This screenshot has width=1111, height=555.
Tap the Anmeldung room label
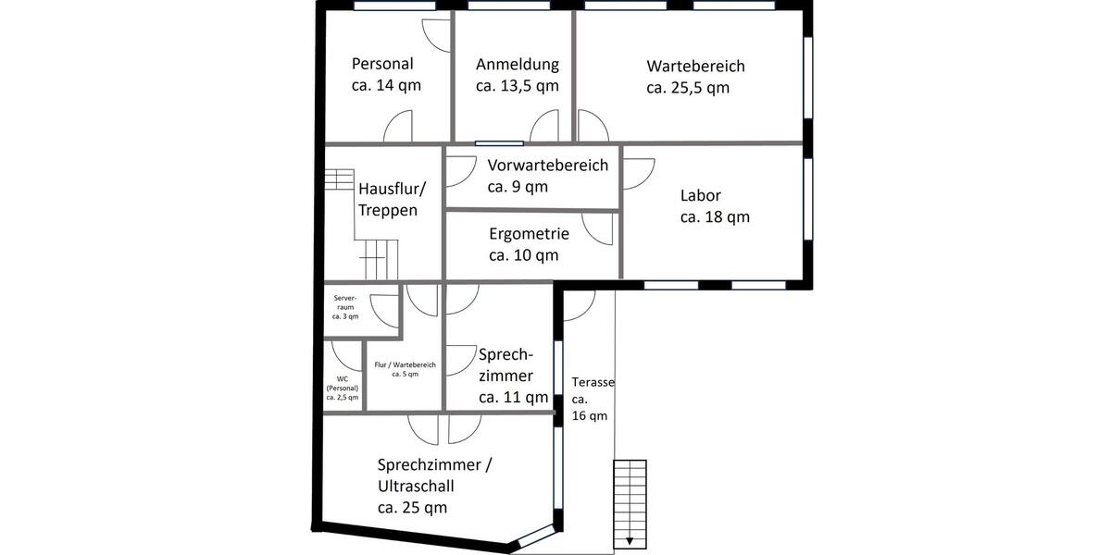tap(517, 75)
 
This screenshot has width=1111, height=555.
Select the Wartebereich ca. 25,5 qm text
tap(695, 77)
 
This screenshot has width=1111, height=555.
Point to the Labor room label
tap(714, 206)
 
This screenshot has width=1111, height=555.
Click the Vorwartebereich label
tap(547, 176)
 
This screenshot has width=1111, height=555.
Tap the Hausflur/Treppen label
tap(392, 199)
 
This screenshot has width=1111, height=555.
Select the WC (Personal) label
tap(343, 388)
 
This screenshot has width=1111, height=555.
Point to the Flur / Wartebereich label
tap(405, 369)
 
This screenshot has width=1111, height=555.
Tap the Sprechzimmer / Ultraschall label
tap(434, 486)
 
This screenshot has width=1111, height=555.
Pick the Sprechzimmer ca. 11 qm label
tap(513, 376)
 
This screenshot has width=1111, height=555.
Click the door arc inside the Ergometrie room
tap(597, 229)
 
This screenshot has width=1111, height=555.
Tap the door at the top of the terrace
tap(580, 304)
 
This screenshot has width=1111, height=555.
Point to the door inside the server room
tap(381, 309)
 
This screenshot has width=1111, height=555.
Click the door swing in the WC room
tap(346, 356)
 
